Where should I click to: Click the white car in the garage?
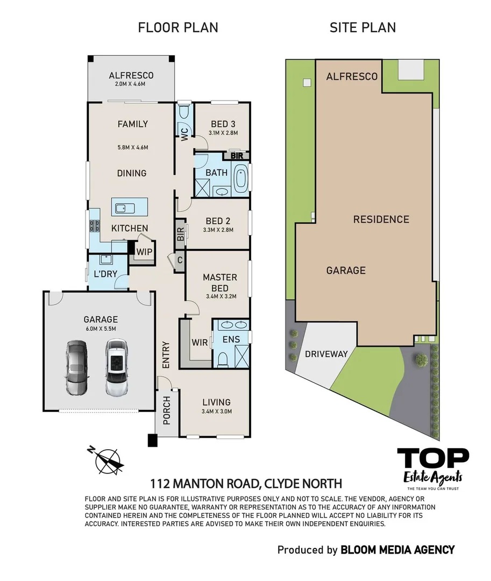tap(116, 368)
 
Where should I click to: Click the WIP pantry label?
tap(144, 251)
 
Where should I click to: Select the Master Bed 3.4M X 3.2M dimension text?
tap(219, 296)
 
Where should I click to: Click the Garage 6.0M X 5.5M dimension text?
tap(100, 329)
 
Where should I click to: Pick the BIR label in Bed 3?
tap(236, 156)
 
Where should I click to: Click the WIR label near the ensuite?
tap(200, 341)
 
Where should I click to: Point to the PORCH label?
tap(166, 410)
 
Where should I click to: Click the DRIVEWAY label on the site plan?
tap(326, 354)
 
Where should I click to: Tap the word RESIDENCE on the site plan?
tap(381, 219)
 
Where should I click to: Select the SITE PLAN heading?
tap(362, 27)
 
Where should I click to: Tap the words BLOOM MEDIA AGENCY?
tap(397, 550)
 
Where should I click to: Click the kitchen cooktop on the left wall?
tap(95, 226)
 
